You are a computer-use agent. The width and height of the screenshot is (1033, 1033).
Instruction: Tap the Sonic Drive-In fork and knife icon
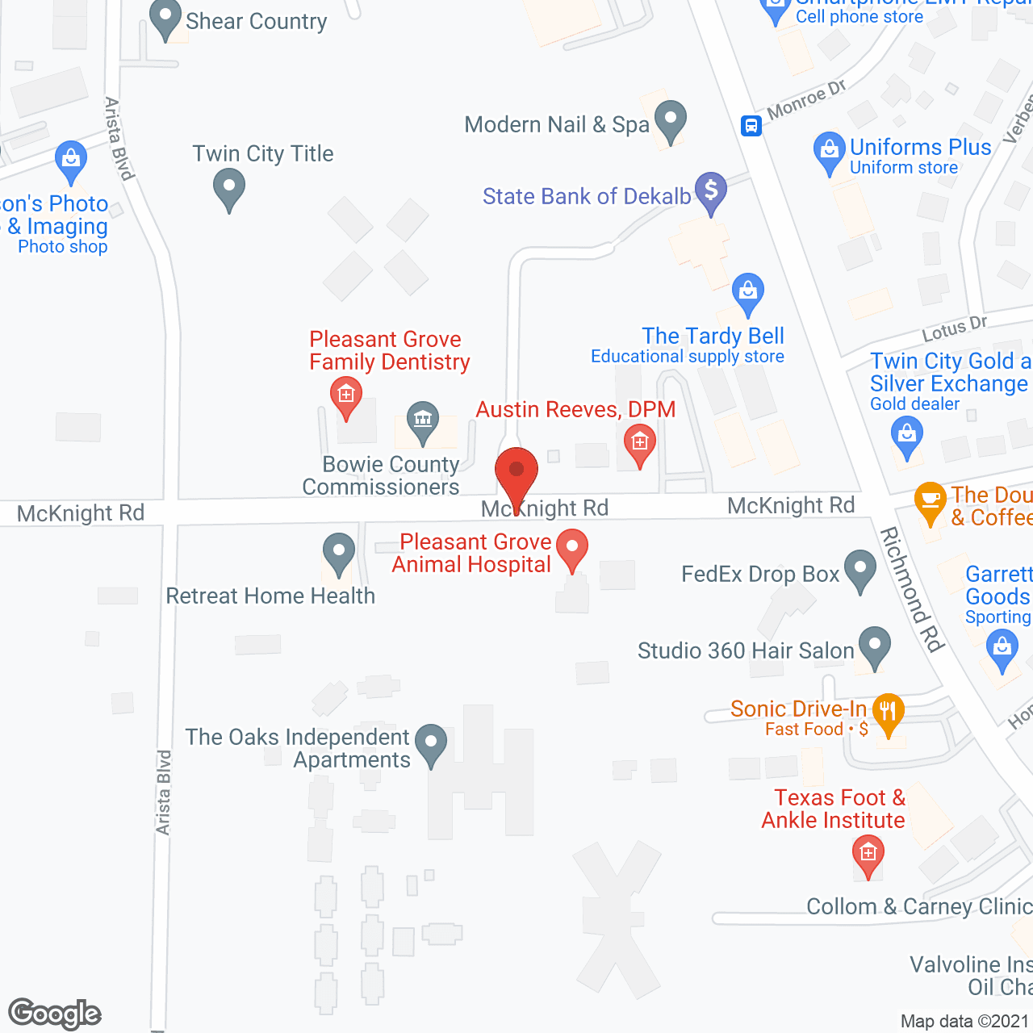coord(888,713)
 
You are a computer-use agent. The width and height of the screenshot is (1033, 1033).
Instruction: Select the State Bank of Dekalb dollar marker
coord(711,191)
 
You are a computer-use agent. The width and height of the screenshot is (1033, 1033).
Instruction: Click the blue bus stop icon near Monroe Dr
coord(751,126)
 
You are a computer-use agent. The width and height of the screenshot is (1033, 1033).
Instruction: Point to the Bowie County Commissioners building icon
coord(422,420)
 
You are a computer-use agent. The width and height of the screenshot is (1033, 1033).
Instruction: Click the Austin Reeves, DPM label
coord(575,409)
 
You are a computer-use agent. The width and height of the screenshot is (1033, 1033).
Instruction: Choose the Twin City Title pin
coord(229,187)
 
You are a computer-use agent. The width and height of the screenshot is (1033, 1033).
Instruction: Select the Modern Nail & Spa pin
coord(670,120)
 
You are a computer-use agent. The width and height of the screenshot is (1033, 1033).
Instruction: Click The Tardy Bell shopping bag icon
coord(748,291)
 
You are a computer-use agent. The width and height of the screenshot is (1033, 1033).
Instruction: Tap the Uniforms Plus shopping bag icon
coord(829,151)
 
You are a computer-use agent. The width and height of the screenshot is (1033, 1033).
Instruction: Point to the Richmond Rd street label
coord(912,588)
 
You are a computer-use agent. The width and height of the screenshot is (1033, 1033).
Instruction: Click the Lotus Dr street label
coord(955,328)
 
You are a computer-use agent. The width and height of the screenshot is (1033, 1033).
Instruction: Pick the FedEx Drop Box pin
coord(860,569)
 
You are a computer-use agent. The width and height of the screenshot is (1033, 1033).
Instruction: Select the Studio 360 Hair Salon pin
coord(874,646)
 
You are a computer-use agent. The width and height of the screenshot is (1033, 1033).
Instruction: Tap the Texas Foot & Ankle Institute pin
coord(868,854)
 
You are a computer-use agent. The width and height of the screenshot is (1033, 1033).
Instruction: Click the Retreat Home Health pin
coord(339,553)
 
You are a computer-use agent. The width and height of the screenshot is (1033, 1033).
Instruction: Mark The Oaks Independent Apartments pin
coord(430,742)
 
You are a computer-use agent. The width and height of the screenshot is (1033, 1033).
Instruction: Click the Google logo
coord(55,1014)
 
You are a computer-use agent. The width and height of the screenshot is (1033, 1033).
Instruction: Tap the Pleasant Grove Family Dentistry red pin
coord(346,395)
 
